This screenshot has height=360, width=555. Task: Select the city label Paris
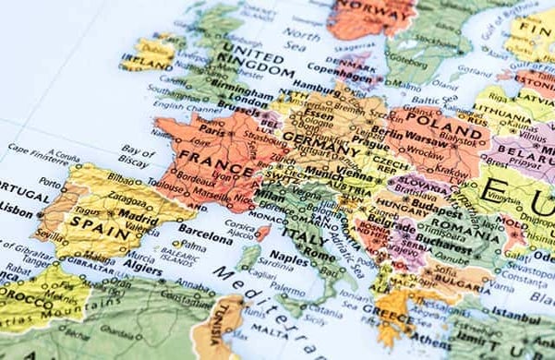[x=213, y=131]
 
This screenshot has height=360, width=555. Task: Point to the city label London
[x=247, y=102]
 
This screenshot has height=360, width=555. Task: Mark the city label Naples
[x=289, y=262]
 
